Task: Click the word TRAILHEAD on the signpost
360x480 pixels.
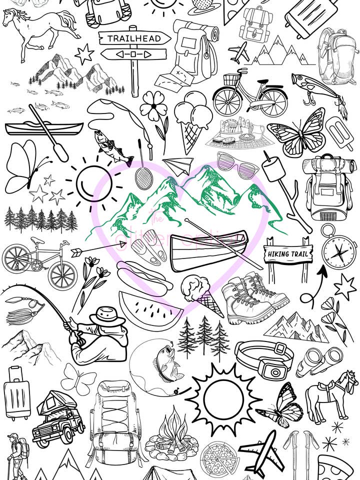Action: pyautogui.click(x=134, y=38)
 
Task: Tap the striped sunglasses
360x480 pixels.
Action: pyautogui.click(x=235, y=165)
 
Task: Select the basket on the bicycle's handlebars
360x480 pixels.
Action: pyautogui.click(x=230, y=80)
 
